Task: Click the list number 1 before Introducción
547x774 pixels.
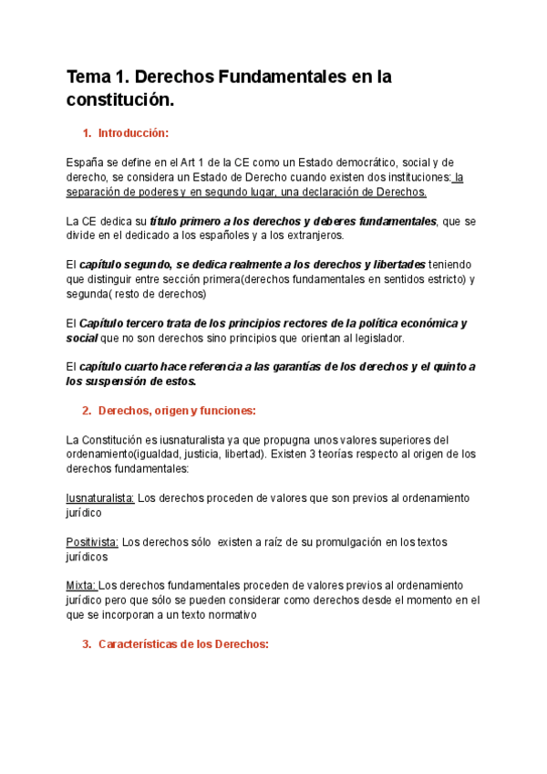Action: (86, 133)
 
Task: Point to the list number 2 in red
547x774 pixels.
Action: (86, 411)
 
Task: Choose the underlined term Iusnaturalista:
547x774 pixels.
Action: (100, 498)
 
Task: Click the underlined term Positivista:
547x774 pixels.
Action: (92, 542)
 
